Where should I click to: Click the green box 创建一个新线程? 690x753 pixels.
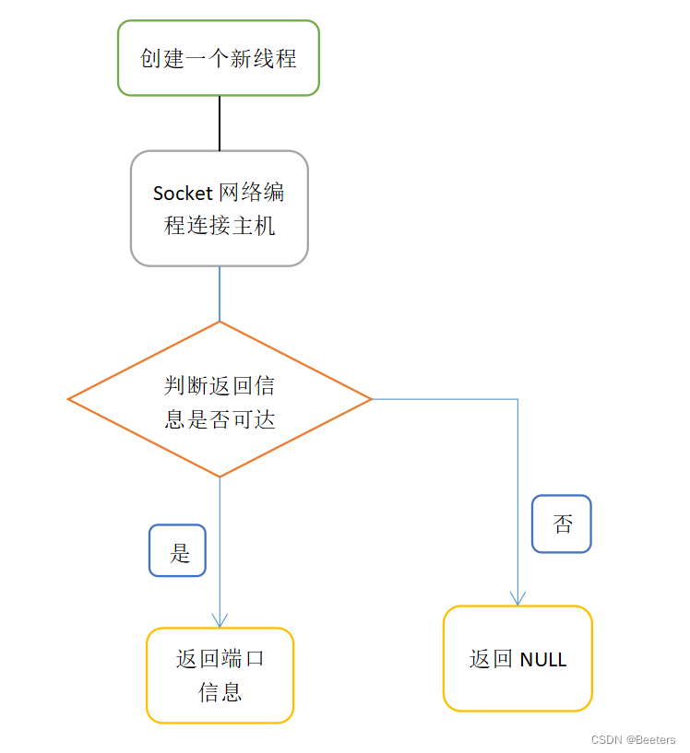[x=219, y=58]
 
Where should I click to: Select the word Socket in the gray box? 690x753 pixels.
[x=183, y=194]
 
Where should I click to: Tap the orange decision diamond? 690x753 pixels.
[x=220, y=399]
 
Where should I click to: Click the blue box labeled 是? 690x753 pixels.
[x=177, y=551]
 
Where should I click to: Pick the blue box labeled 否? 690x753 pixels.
[x=562, y=524]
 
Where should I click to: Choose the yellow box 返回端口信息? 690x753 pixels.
[x=220, y=676]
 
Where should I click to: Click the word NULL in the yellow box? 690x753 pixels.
[x=543, y=660]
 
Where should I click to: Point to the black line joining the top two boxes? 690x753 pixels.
[x=220, y=123]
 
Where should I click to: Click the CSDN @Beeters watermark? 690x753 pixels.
[x=633, y=739]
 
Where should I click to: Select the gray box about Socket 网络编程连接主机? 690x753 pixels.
[x=220, y=208]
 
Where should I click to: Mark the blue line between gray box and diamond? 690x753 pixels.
[x=220, y=293]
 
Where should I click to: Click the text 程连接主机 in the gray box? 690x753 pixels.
[x=220, y=224]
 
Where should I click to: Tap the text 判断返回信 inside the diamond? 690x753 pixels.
[x=220, y=385]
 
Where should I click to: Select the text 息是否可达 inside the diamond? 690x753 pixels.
[x=220, y=419]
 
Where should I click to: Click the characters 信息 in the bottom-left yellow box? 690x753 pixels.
[x=220, y=692]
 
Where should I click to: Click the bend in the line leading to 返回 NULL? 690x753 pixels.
[x=517, y=400]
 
